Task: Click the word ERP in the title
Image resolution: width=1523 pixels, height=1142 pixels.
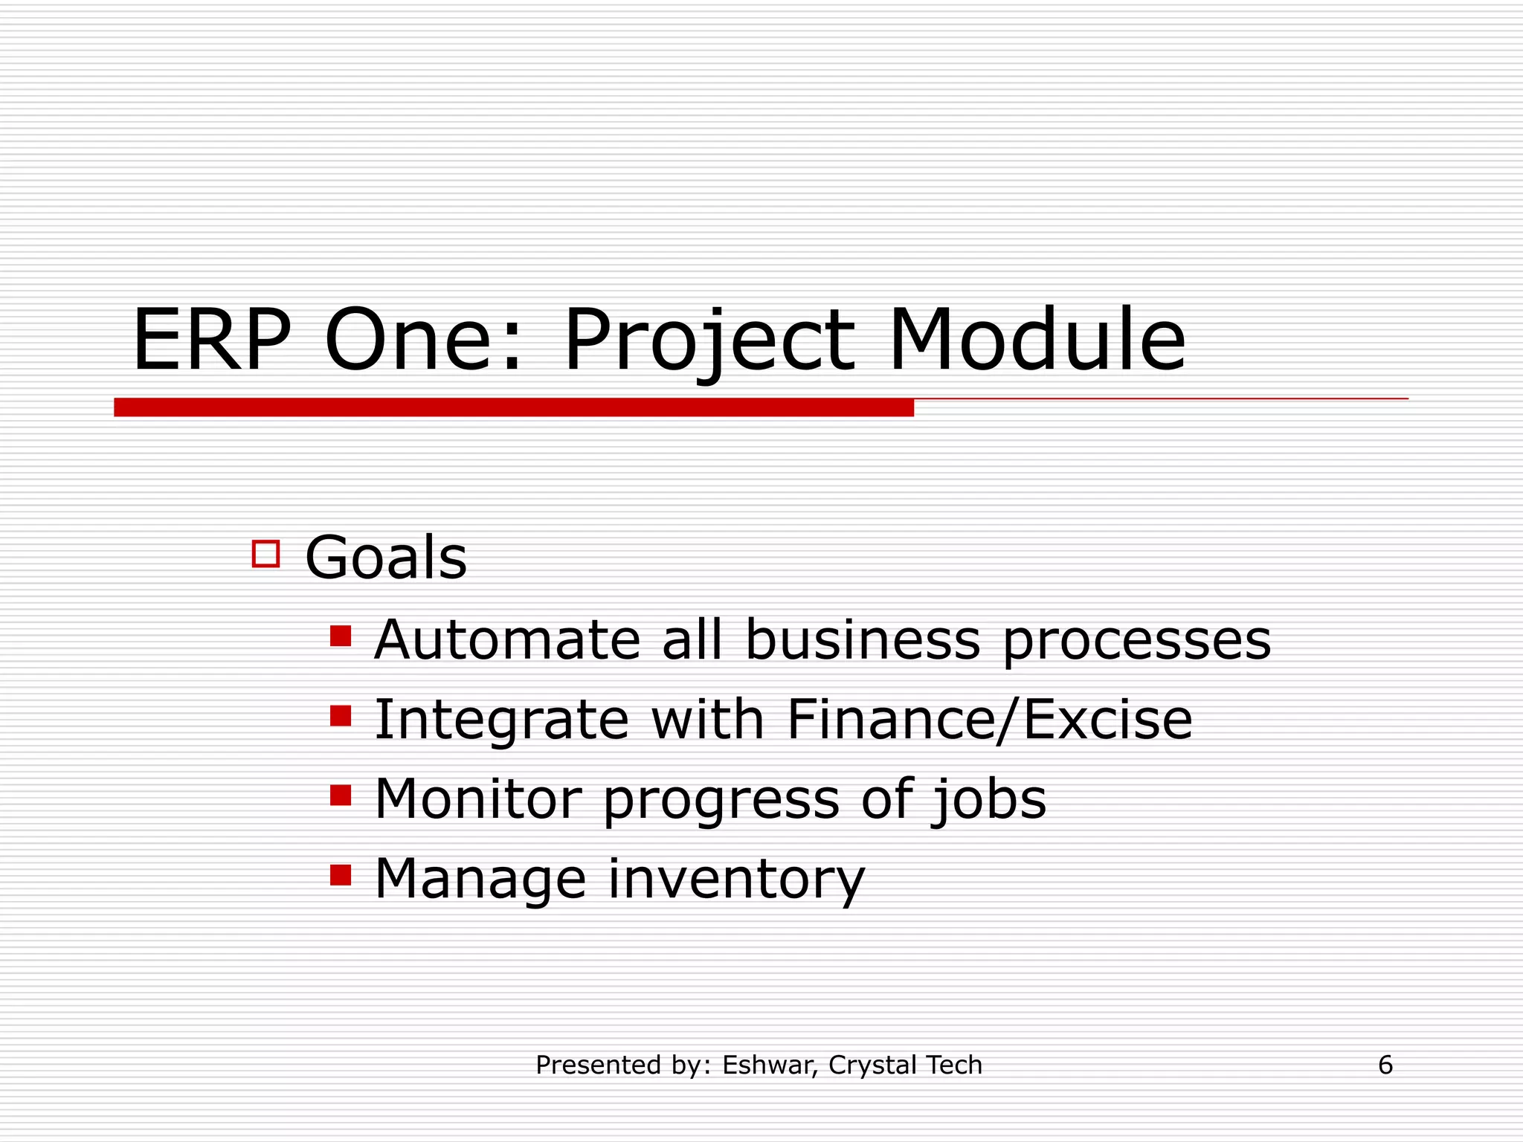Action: [x=211, y=341]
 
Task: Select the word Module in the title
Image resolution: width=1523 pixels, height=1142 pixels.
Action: [x=1037, y=341]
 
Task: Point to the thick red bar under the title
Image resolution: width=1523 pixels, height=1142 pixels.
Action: [x=513, y=407]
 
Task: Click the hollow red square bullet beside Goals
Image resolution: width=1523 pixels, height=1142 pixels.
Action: [x=265, y=554]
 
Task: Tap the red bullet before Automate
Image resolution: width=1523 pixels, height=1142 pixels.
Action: [x=341, y=636]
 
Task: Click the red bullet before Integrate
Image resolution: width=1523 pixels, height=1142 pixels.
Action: [x=341, y=716]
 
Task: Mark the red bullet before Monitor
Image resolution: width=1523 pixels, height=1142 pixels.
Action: [x=341, y=796]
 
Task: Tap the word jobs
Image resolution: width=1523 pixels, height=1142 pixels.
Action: [x=989, y=800]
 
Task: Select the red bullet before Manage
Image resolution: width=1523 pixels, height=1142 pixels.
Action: [x=341, y=875]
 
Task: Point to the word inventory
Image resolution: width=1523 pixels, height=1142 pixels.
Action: [x=736, y=880]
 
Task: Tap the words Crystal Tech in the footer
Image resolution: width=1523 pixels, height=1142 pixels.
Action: [x=905, y=1065]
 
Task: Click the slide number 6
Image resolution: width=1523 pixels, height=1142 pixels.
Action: [x=1385, y=1065]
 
